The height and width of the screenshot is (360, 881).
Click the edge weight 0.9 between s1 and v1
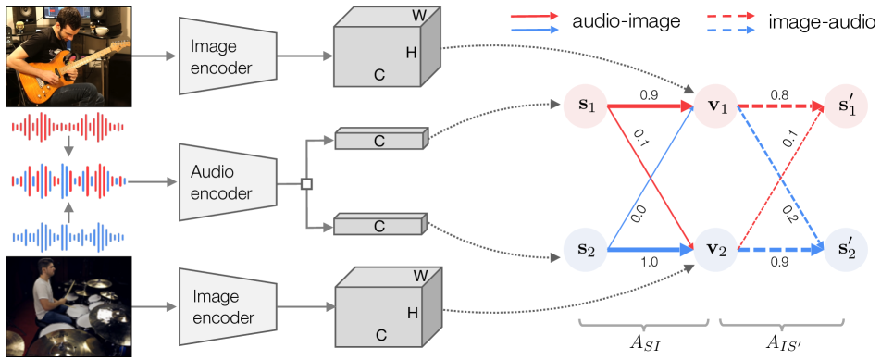coord(648,94)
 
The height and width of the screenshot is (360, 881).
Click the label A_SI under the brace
coord(646,342)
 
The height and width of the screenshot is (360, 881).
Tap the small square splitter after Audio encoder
coord(306,184)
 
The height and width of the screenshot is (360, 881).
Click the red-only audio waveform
coord(65,129)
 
